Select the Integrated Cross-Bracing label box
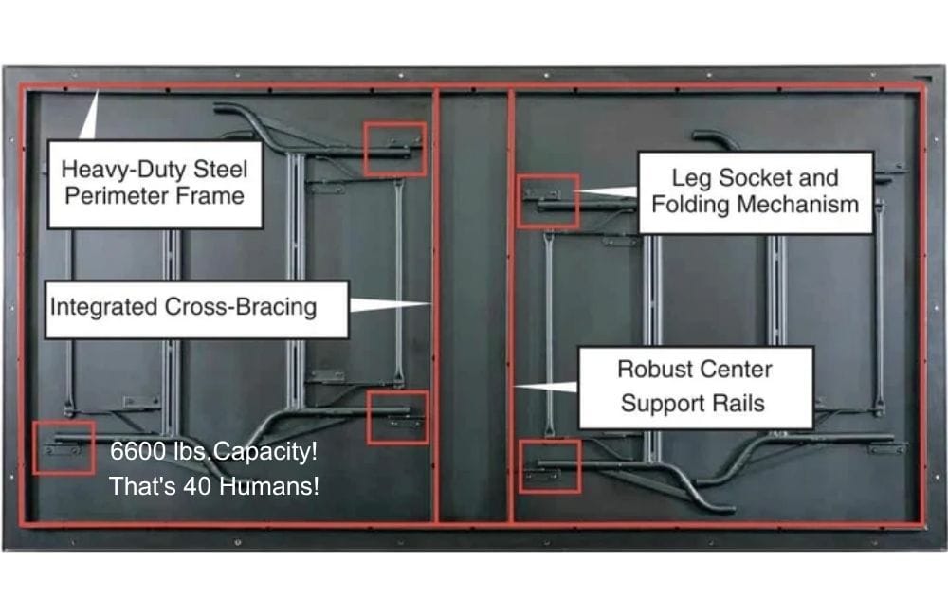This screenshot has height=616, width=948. pyautogui.click(x=197, y=310)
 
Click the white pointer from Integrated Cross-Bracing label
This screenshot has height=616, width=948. pyautogui.click(x=391, y=304)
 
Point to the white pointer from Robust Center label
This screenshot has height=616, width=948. pyautogui.click(x=546, y=387)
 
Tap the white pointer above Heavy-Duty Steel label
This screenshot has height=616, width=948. pyautogui.click(x=89, y=116)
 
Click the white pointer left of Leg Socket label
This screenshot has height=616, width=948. pyautogui.click(x=606, y=191)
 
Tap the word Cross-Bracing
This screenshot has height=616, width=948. pyautogui.click(x=241, y=306)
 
